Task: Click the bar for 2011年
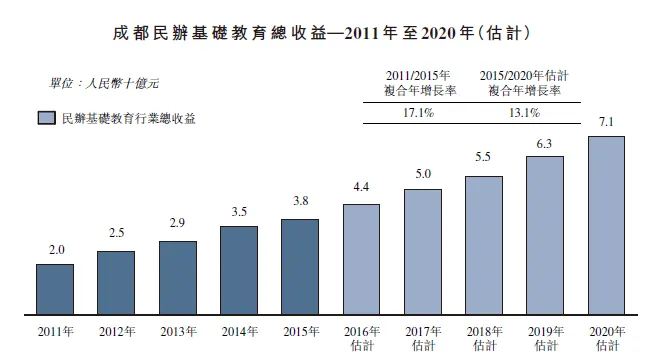(54, 289)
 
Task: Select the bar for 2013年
(177, 277)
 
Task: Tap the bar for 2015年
(300, 266)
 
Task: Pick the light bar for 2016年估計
(361, 259)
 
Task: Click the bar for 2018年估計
(484, 245)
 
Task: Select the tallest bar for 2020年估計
(606, 225)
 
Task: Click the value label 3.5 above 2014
(238, 213)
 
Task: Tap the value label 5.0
(423, 175)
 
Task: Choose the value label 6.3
(545, 143)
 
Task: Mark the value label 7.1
(606, 123)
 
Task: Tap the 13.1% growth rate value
(524, 113)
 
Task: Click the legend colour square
(45, 118)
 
